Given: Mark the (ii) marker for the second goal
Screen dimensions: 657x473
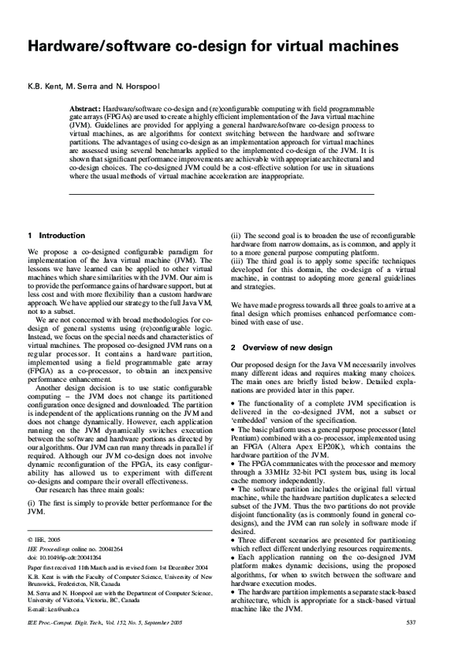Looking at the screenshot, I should pos(235,235).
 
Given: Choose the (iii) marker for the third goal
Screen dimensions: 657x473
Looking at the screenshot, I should pos(236,262).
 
